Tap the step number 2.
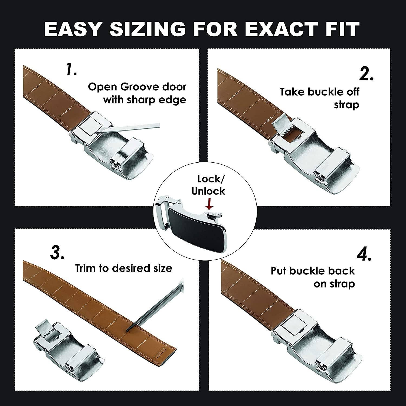pos(366,74)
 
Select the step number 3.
pos(57,253)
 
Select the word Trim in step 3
pos(86,268)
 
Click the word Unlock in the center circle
pos(208,191)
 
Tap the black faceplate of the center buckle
pos(198,227)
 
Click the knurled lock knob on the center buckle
pos(215,215)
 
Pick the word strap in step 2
pos(346,105)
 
